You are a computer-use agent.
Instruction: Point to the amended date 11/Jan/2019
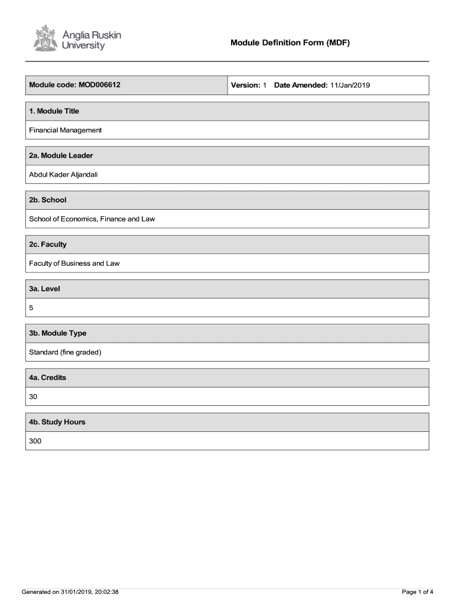[350, 85]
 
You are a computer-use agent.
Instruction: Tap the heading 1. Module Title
[54, 111]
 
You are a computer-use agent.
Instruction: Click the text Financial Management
[66, 130]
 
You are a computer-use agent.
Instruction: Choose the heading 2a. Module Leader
[61, 155]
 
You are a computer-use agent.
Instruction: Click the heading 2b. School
[48, 200]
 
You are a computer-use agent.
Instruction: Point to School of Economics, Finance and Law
[92, 219]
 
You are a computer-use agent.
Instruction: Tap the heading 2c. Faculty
[48, 244]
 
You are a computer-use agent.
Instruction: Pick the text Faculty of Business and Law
[74, 263]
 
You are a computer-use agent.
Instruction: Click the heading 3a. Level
[44, 289]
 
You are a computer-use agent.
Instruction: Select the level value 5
[31, 308]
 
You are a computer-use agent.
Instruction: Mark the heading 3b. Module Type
[58, 333]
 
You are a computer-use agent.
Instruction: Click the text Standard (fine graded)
[66, 352]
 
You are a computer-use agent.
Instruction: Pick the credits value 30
[33, 396]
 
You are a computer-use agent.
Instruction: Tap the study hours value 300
[35, 441]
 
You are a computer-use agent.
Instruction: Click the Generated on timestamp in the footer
[70, 591]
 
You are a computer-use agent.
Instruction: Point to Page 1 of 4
[417, 591]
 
